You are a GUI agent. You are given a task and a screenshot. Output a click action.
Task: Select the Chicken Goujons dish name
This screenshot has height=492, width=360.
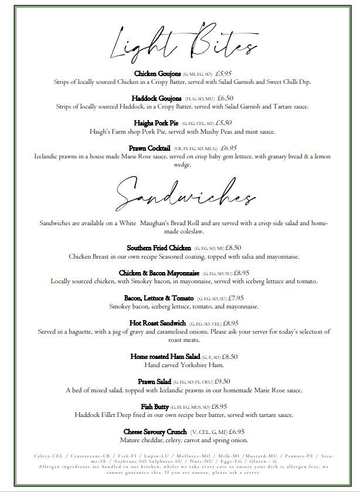(x=158, y=73)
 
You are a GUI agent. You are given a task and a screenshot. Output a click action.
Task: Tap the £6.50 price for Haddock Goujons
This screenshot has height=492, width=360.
(x=226, y=99)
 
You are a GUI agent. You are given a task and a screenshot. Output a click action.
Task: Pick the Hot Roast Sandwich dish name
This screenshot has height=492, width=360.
(x=158, y=323)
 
